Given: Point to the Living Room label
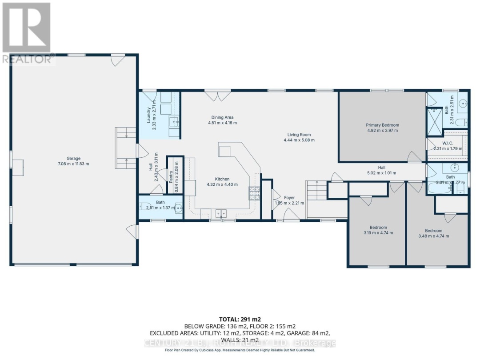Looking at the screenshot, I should (299, 135).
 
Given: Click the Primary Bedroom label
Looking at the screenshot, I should (382, 125).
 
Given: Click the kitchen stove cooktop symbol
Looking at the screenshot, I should (254, 193).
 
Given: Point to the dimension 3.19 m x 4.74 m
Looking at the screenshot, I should (378, 232).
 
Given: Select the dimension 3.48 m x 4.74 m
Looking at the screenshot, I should (434, 236).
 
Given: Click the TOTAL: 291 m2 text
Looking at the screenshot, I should (240, 319).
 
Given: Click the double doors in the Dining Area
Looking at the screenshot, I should (217, 95).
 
